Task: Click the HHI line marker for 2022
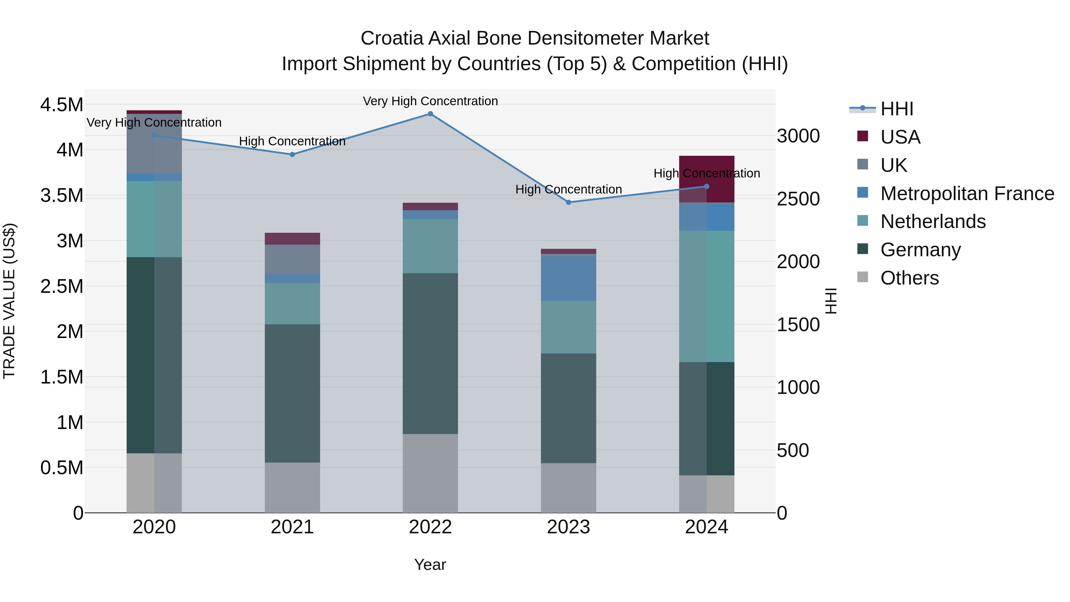coord(430,114)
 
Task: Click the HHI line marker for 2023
coord(569,202)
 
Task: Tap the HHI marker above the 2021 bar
coord(292,155)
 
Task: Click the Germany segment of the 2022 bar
coord(430,353)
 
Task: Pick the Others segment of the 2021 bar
coord(292,487)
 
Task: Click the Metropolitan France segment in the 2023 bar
coord(568,278)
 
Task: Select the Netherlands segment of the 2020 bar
coord(154,219)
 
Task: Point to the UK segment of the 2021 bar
coord(292,259)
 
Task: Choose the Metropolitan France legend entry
coord(967,194)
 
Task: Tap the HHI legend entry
coord(896,109)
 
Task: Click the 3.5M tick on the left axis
coord(62,195)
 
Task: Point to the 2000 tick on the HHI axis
coord(798,262)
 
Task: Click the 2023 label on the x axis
coord(568,527)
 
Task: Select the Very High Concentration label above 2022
coord(430,101)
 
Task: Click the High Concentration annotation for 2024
coord(706,173)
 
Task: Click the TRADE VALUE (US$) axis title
coord(9,301)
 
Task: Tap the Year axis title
coord(430,565)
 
